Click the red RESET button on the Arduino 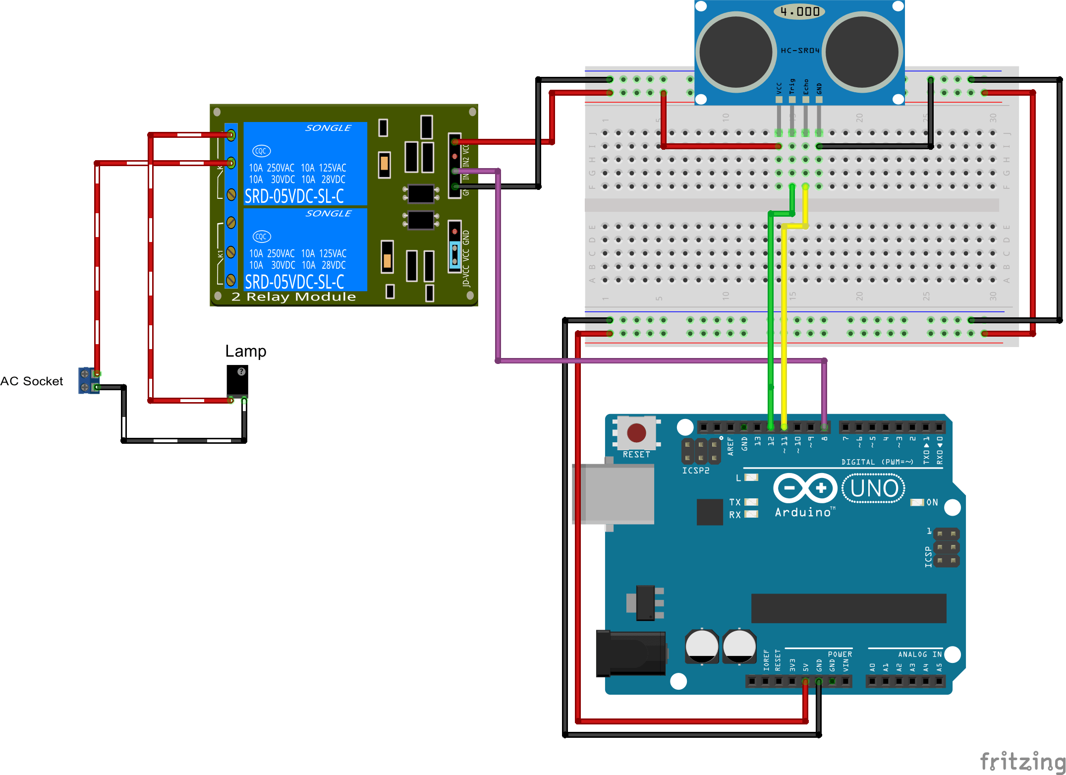[636, 432]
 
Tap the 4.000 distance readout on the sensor [799, 11]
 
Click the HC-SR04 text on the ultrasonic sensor [800, 51]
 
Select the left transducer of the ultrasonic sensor [736, 52]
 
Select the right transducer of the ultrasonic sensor [862, 52]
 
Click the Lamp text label [245, 351]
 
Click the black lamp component [237, 381]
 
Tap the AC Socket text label [32, 381]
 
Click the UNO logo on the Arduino [874, 488]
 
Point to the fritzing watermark [1022, 761]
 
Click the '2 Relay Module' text [293, 297]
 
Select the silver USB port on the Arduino [614, 494]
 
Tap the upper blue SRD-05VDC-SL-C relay [305, 164]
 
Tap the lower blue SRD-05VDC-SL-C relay [305, 249]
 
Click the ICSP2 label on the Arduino [695, 471]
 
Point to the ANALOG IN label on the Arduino [919, 655]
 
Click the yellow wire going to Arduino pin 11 [784, 322]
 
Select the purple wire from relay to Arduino [644, 361]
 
